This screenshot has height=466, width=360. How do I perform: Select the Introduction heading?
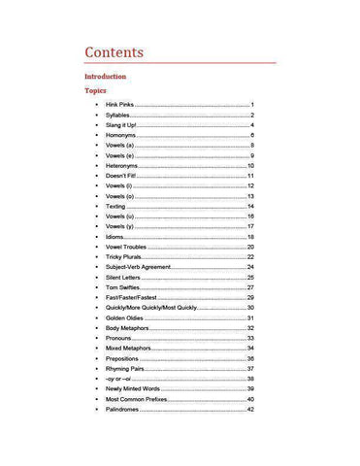105,77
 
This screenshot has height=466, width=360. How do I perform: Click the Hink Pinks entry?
119,105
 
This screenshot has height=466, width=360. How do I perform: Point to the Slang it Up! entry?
124,125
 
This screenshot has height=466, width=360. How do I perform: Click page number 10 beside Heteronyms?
250,166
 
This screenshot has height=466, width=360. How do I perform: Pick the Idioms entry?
115,237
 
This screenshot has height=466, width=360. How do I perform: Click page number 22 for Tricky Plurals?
250,257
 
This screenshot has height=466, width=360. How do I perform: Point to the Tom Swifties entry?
123,287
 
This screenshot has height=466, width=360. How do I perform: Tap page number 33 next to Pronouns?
250,338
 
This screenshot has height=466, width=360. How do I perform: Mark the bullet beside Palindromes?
96,410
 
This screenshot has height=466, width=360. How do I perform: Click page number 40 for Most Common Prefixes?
250,399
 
